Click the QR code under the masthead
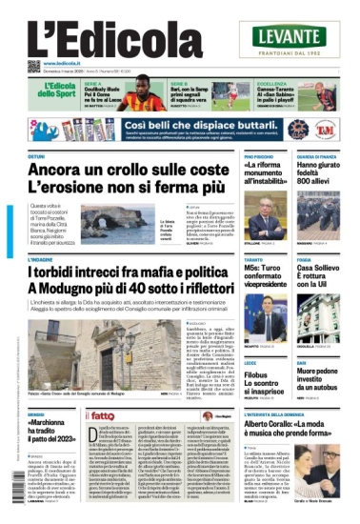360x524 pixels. click(33, 65)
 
